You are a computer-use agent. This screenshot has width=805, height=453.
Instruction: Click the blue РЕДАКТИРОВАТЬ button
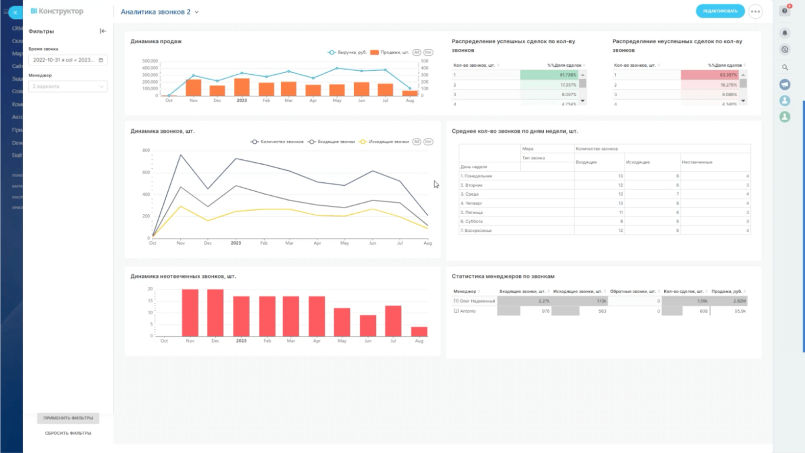pyautogui.click(x=720, y=11)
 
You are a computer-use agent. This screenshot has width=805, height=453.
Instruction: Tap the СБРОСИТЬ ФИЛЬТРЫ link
pyautogui.click(x=68, y=433)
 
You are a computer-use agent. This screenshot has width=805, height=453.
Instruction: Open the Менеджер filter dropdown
pyautogui.click(x=68, y=87)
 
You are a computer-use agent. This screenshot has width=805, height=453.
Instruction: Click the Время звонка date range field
pyautogui.click(x=68, y=60)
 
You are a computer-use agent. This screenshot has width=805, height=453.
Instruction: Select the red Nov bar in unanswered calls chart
pyautogui.click(x=190, y=313)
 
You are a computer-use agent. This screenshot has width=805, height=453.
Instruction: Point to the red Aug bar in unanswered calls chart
pyautogui.click(x=419, y=331)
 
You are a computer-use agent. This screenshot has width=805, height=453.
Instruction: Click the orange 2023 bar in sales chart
pyautogui.click(x=242, y=87)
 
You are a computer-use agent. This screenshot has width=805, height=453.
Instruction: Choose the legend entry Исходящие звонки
pyautogui.click(x=388, y=142)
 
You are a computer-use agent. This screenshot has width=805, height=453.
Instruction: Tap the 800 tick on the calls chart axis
pyautogui.click(x=146, y=150)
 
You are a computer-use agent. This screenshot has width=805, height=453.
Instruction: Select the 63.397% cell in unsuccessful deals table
pyautogui.click(x=709, y=75)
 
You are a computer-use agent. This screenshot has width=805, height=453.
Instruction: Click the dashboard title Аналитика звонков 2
pyautogui.click(x=156, y=12)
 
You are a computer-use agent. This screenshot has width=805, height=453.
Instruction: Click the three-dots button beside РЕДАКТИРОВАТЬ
pyautogui.click(x=755, y=11)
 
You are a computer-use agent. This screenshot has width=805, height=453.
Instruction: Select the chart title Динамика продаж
pyautogui.click(x=156, y=41)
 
